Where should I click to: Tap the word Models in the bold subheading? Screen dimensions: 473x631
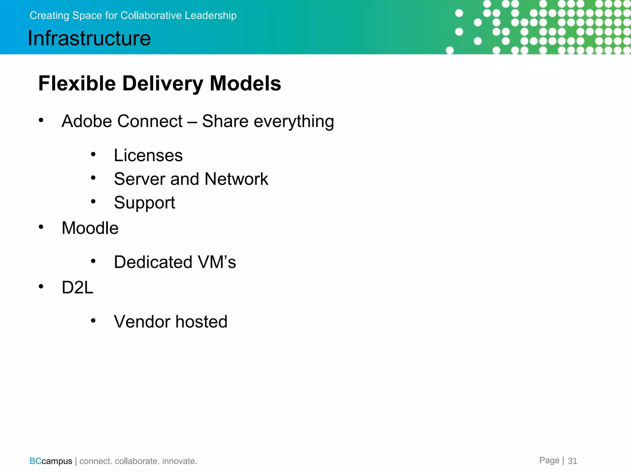pyautogui.click(x=245, y=83)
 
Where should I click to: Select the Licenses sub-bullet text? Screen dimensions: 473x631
pyautogui.click(x=148, y=155)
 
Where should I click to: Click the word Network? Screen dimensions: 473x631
pyautogui.click(x=236, y=179)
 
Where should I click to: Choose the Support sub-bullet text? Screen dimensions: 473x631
pyautogui.click(x=145, y=203)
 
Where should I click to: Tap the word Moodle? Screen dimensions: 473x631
pyautogui.click(x=90, y=228)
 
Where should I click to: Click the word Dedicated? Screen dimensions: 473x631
pyautogui.click(x=153, y=262)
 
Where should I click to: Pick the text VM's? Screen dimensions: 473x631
pyautogui.click(x=217, y=262)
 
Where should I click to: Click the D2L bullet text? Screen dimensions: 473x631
pyautogui.click(x=77, y=288)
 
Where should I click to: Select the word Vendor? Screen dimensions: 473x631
pyautogui.click(x=142, y=322)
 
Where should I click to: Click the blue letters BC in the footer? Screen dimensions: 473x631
pyautogui.click(x=35, y=461)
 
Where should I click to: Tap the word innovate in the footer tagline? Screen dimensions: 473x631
pyautogui.click(x=179, y=461)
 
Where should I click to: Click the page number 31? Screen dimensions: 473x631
pyautogui.click(x=572, y=461)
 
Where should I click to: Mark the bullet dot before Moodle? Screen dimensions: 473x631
pyautogui.click(x=41, y=227)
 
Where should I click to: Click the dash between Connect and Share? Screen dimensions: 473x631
pyautogui.click(x=192, y=122)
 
